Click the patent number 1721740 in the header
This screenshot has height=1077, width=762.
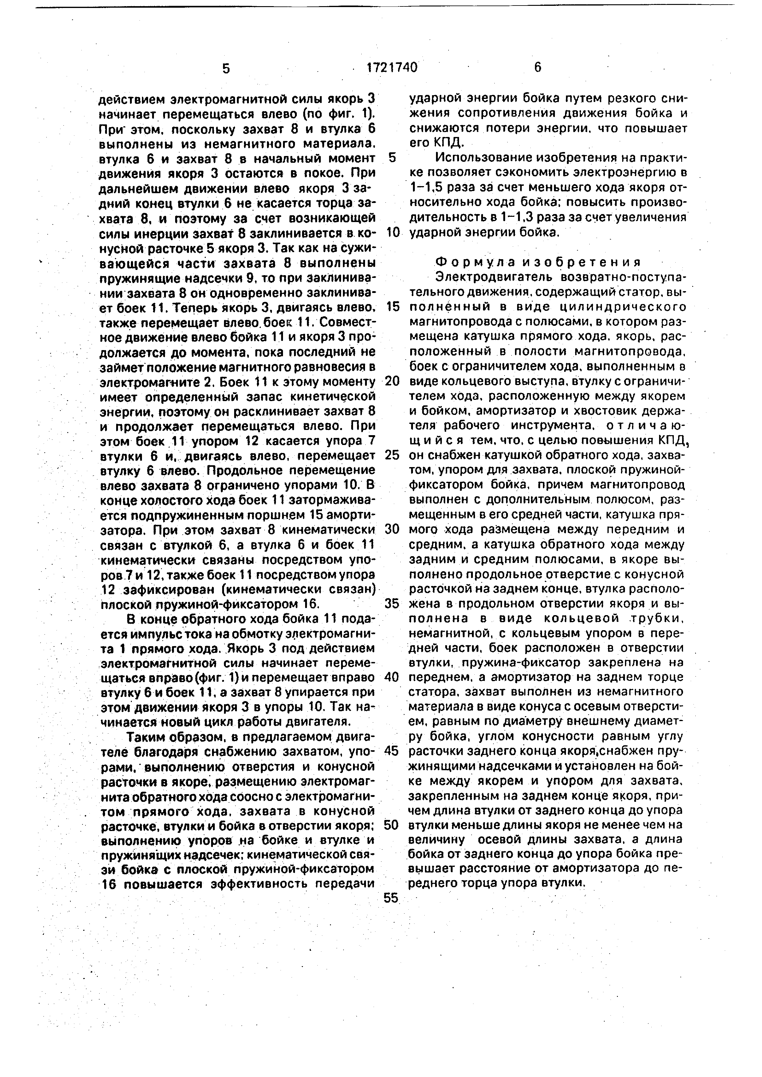(x=391, y=68)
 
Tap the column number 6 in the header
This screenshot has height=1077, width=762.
(x=537, y=68)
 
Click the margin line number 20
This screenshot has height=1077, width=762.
(x=391, y=381)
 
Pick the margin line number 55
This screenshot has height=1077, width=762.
(x=391, y=898)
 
